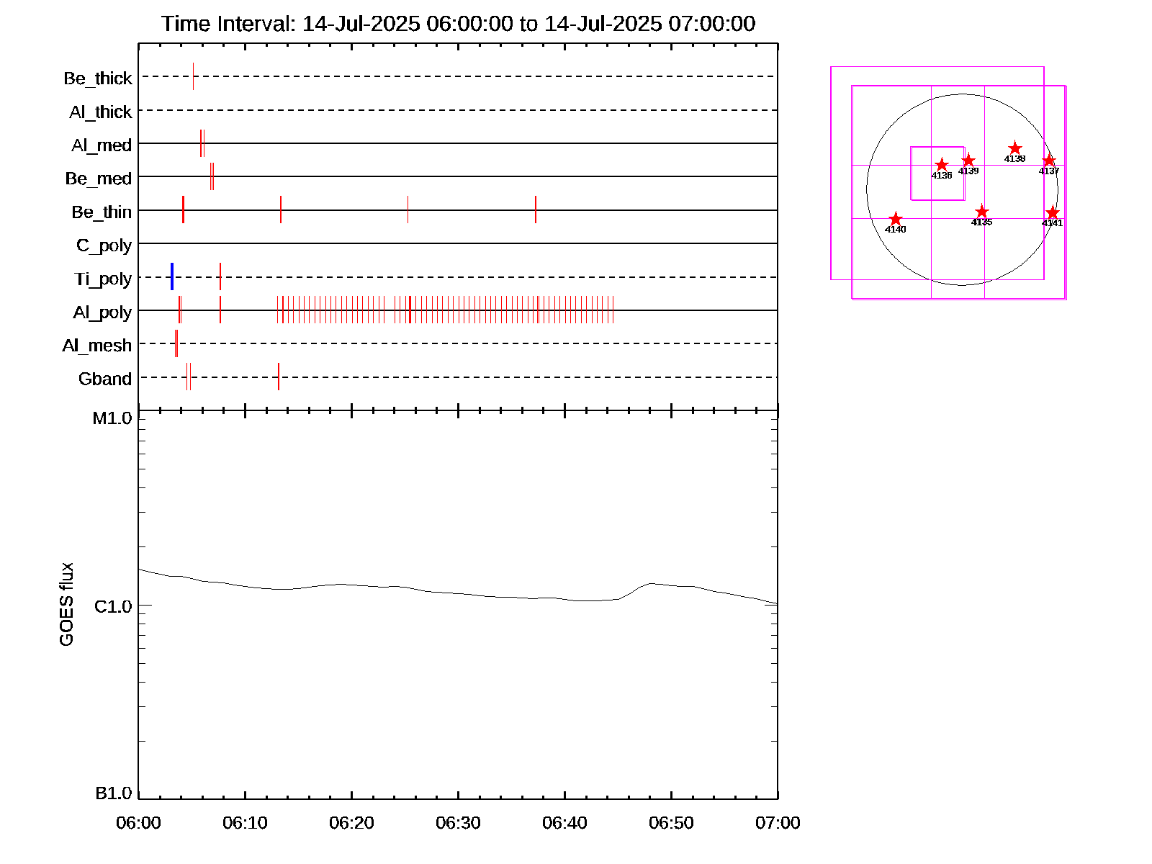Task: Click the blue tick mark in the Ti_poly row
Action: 172,277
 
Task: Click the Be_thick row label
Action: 98,78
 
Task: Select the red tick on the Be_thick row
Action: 193,76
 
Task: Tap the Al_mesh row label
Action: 97,346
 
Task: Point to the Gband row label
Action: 105,379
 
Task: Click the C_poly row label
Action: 104,246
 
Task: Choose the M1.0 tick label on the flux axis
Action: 112,418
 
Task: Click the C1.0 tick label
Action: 113,607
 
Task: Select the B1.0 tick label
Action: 114,793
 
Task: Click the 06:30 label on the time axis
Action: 458,823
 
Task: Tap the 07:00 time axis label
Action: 778,823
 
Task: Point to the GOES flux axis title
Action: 66,605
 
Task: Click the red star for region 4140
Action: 896,219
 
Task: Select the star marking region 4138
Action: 1014,148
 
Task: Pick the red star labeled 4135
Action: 981,212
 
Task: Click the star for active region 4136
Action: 942,165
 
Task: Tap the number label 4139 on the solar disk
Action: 968,171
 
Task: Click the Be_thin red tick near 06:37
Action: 536,210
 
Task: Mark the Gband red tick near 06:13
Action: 279,377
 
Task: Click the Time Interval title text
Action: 458,24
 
